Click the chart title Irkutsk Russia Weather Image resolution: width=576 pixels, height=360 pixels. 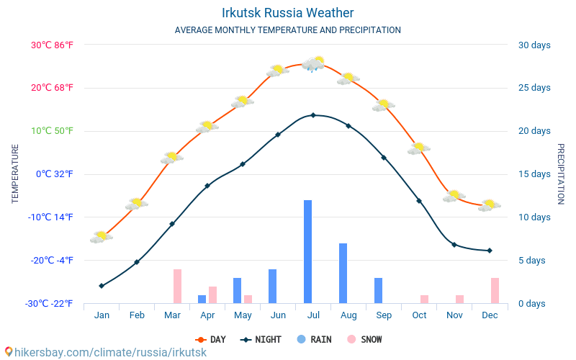(287, 13)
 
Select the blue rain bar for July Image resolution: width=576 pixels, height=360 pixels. (307, 252)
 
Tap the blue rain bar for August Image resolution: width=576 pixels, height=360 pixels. (343, 274)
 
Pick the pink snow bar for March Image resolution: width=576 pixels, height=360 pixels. (177, 286)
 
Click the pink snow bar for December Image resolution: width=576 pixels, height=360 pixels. (495, 290)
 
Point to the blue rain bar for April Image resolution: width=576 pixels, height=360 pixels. (202, 299)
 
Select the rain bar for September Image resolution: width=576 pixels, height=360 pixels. (378, 290)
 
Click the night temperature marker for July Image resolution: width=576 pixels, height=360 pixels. (313, 115)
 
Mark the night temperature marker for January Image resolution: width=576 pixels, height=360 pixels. (102, 286)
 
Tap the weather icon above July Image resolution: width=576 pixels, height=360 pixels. (313, 63)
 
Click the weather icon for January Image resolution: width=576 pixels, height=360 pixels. (102, 236)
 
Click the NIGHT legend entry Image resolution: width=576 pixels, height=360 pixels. (264, 340)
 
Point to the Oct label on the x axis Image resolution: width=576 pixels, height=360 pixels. (419, 315)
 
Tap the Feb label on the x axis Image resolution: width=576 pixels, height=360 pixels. (137, 315)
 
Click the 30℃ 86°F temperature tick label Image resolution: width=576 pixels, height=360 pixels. (52, 45)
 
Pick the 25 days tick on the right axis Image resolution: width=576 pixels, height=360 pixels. (534, 88)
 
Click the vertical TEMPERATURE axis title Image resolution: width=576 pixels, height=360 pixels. (15, 174)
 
